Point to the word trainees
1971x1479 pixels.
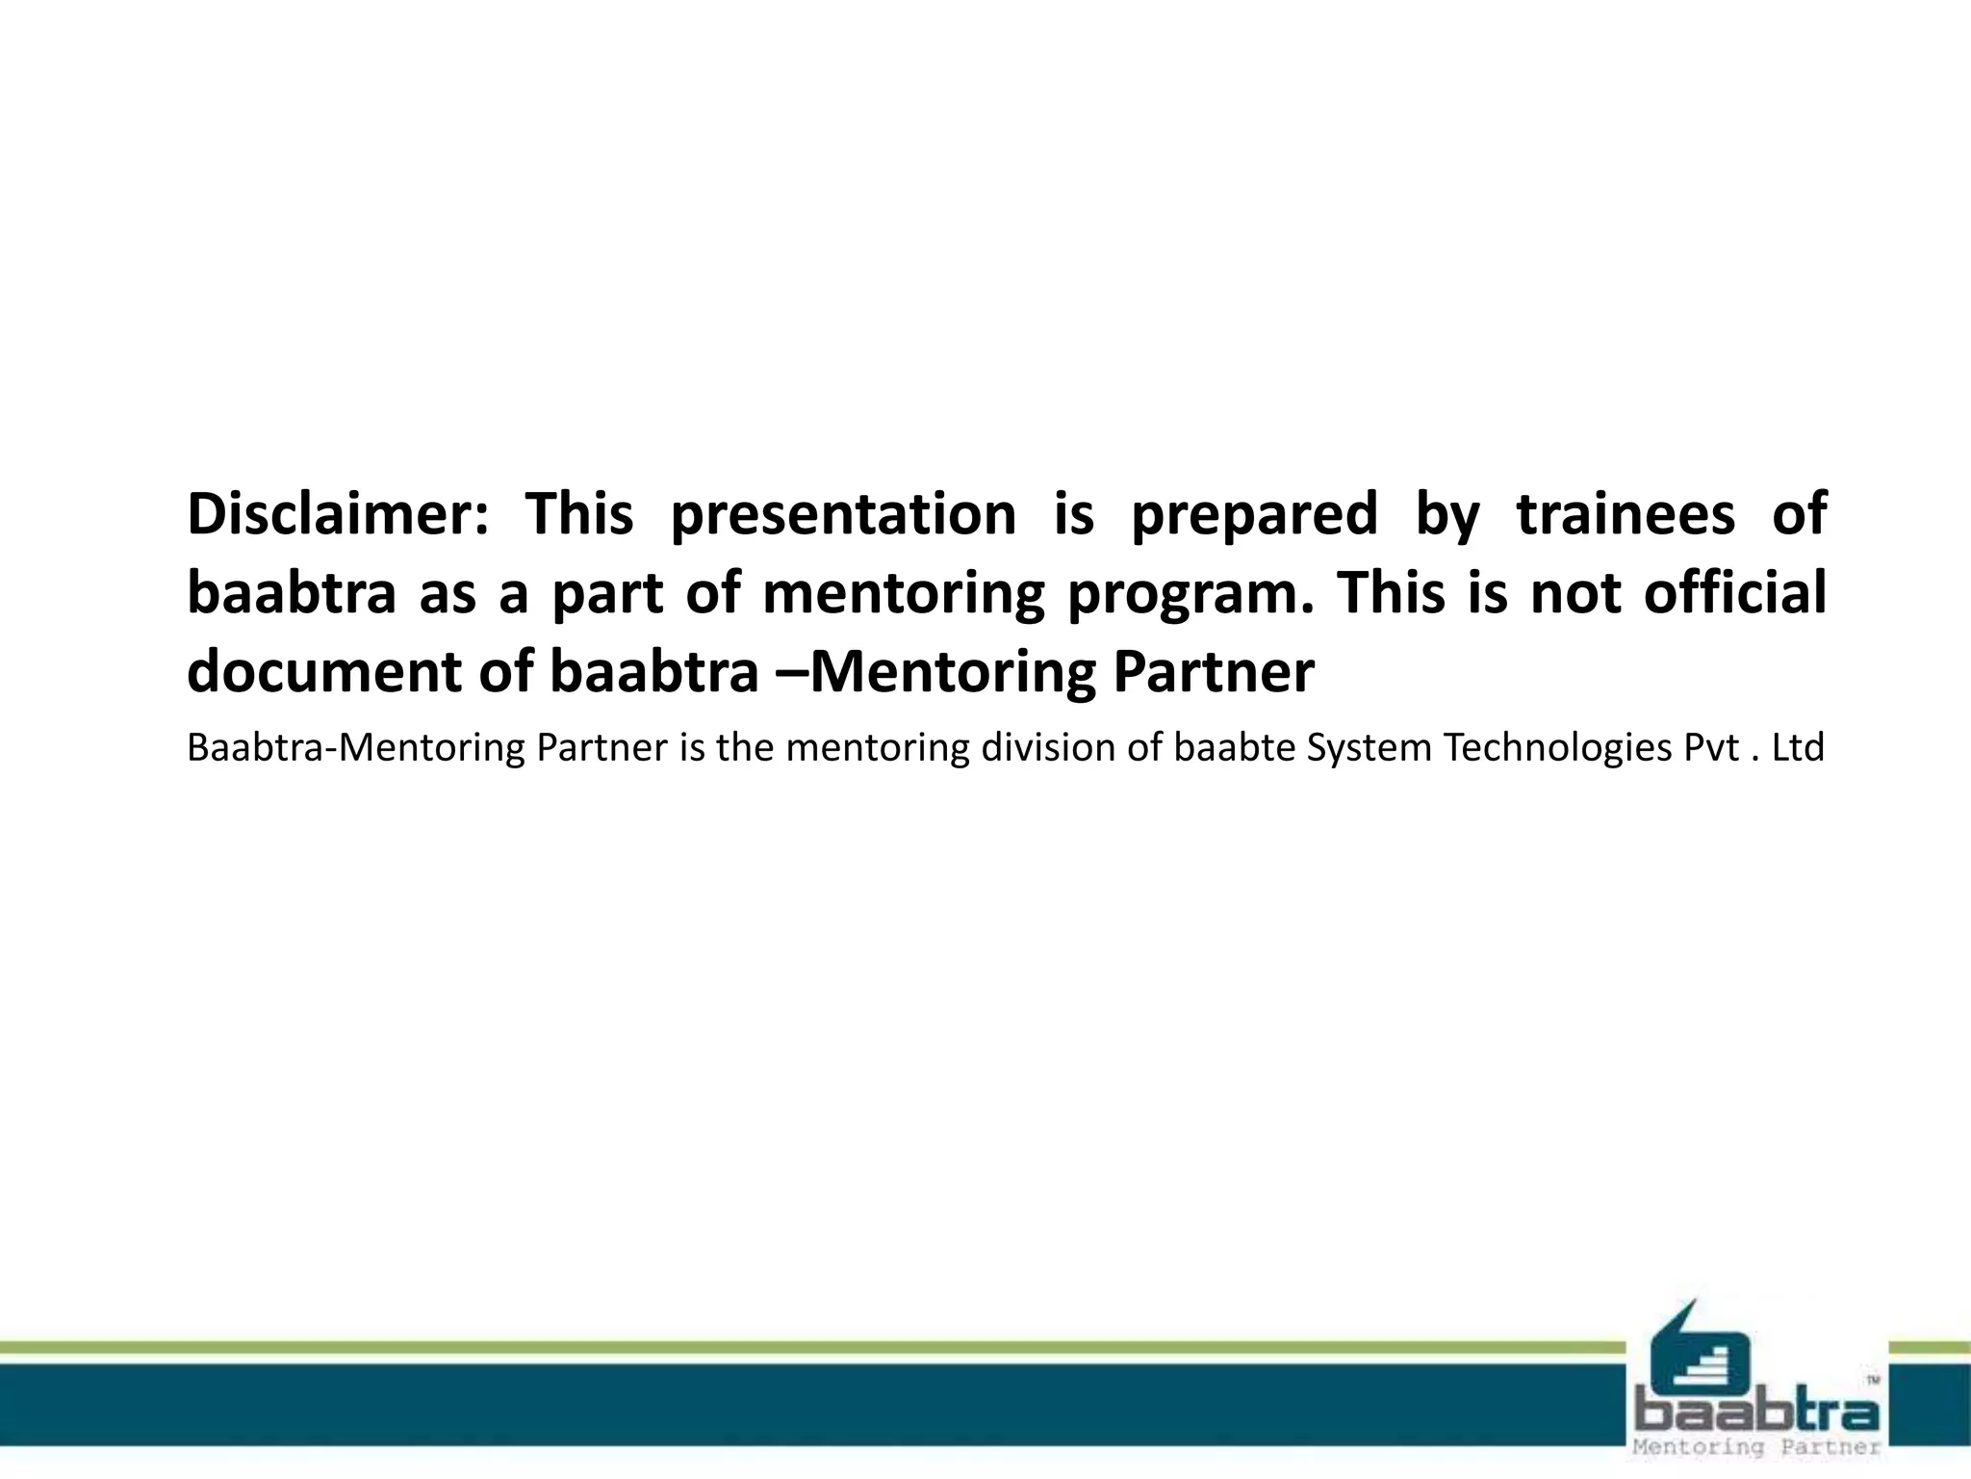1626,514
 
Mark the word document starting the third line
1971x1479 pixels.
324,672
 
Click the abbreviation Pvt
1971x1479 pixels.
1711,748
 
